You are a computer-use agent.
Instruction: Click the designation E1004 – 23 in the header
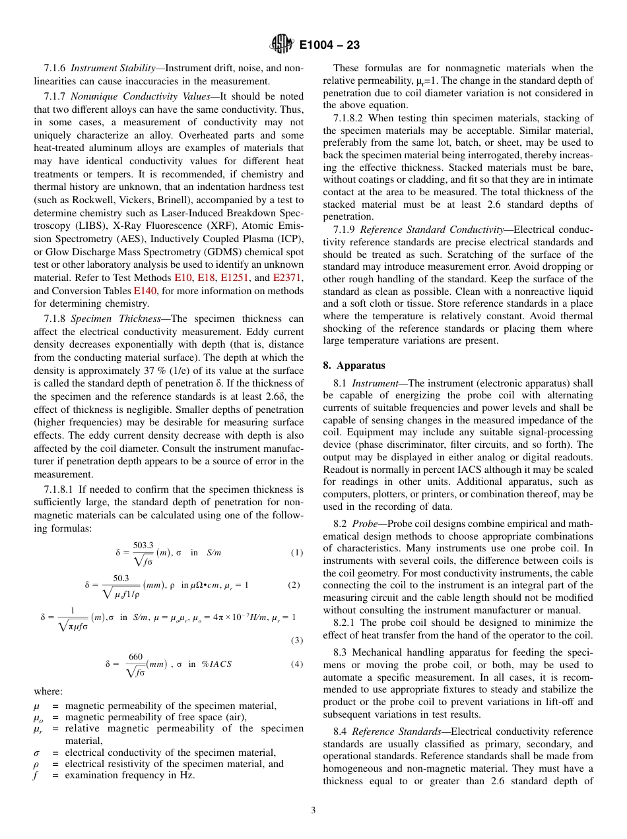point(329,46)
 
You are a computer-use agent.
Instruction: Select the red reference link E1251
point(234,279)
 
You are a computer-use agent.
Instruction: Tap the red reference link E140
point(144,292)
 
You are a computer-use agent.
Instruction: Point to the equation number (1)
point(296,553)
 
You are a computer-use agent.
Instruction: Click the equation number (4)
point(296,664)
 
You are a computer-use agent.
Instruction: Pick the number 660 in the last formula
point(135,656)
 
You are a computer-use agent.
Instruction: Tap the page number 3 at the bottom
point(313,811)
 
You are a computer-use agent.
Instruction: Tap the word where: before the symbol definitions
point(48,691)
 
